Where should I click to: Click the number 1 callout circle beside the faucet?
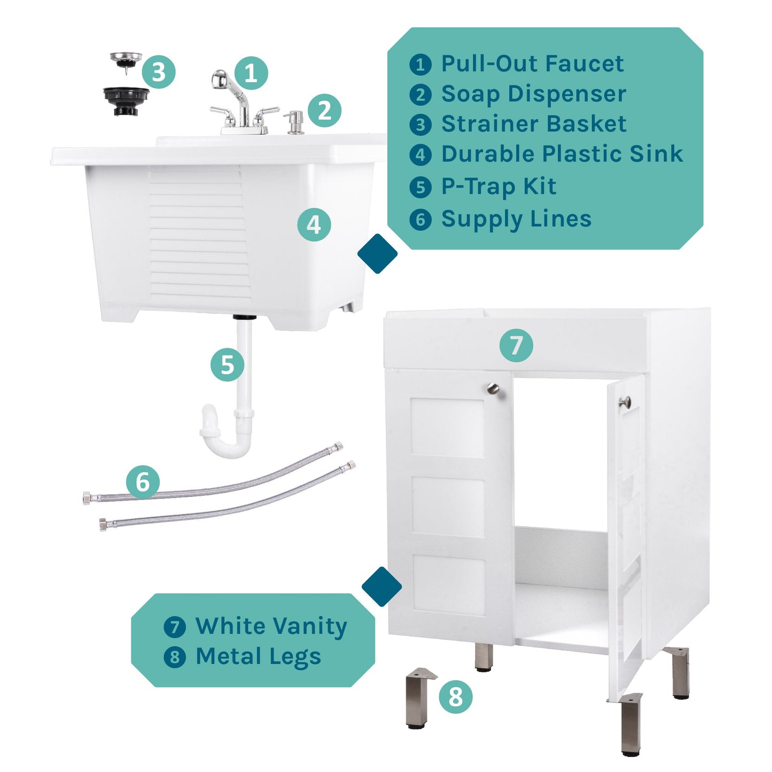[251, 73]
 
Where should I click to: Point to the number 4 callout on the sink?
[314, 224]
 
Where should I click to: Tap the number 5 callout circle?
[227, 365]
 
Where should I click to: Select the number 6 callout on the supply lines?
[143, 482]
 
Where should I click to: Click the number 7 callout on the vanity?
[516, 345]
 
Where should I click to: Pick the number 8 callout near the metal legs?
[455, 697]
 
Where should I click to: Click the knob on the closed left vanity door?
[493, 389]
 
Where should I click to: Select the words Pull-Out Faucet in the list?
[532, 64]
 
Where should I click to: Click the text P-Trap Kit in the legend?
[498, 186]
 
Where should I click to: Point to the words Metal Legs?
[258, 657]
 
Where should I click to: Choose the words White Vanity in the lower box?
[271, 626]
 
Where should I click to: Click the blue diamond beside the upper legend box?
[378, 254]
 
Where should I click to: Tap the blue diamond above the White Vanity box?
[381, 587]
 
